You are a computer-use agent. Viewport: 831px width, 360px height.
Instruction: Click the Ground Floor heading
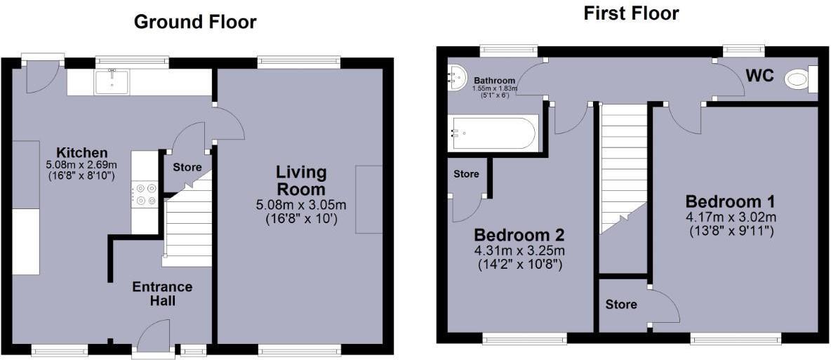point(194,22)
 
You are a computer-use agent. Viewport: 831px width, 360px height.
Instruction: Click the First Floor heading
point(631,13)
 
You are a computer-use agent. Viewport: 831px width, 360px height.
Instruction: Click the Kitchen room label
point(82,153)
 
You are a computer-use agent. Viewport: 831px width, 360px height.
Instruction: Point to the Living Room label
point(300,180)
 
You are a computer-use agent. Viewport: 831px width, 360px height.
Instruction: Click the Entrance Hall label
point(162,294)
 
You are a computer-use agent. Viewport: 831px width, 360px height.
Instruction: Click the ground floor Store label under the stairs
point(187,168)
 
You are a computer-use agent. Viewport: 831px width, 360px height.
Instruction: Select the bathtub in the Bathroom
point(493,133)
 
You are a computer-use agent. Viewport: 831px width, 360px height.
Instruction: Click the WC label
point(759,76)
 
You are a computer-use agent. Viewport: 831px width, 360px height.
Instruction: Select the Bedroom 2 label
point(519,234)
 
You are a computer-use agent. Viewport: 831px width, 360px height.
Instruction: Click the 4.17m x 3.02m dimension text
point(731,216)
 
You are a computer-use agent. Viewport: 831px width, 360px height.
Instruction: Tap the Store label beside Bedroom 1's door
point(621,305)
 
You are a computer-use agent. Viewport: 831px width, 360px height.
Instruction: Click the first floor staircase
point(622,168)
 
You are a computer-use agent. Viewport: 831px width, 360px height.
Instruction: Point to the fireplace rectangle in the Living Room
point(369,199)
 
